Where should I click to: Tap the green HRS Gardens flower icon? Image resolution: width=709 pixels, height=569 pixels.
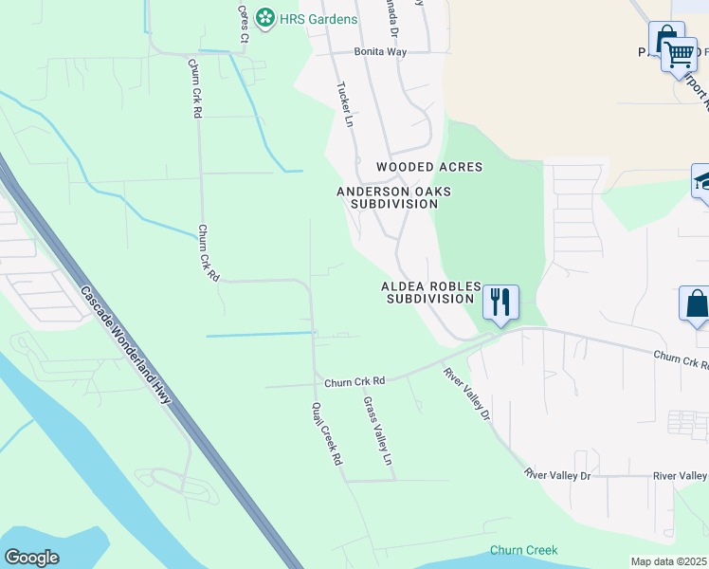click(x=266, y=18)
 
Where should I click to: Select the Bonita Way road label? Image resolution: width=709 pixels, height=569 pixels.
click(x=380, y=52)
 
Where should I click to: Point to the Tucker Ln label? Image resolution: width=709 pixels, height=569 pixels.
click(x=345, y=104)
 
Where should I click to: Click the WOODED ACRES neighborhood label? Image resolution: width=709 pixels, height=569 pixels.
click(x=429, y=167)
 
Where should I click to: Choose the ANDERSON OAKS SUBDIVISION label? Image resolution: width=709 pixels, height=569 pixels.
click(x=393, y=197)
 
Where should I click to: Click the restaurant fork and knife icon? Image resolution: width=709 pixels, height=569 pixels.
click(x=500, y=301)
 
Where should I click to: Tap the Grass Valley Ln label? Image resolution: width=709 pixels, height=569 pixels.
click(x=377, y=431)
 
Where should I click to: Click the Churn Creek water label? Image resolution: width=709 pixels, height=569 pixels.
click(x=524, y=550)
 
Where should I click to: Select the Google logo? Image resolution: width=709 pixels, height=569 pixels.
click(x=31, y=558)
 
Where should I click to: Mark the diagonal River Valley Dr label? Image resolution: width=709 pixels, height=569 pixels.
click(x=466, y=394)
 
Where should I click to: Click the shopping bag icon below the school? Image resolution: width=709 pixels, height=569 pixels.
click(x=696, y=304)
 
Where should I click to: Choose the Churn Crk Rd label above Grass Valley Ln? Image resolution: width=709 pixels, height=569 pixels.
click(x=354, y=381)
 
